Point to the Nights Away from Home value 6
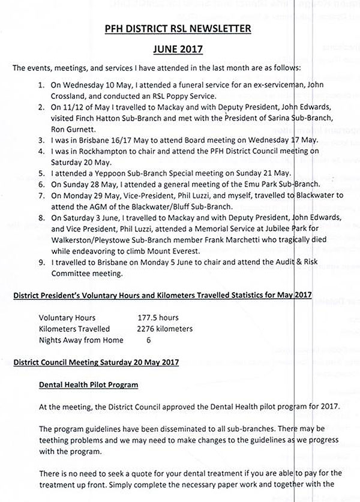point(149,340)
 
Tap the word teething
point(55,441)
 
